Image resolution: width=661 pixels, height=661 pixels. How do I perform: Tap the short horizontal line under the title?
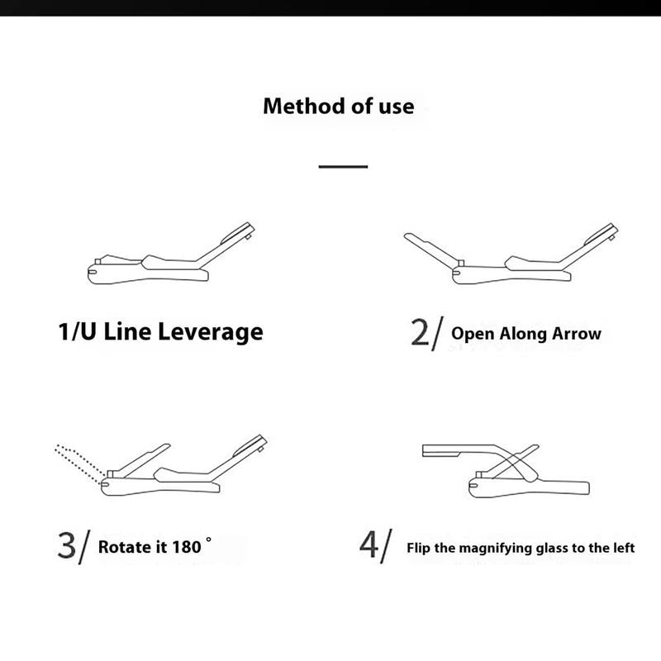[x=343, y=167]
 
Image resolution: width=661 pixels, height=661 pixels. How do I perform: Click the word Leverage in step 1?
[x=211, y=333]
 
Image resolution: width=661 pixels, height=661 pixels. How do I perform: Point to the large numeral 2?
[x=420, y=333]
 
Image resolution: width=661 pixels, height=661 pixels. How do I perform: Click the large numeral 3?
[x=67, y=545]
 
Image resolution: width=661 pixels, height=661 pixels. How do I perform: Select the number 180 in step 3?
[x=187, y=547]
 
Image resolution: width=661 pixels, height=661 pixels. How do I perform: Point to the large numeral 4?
[x=369, y=544]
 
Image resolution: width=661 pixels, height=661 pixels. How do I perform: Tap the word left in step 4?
[x=625, y=548]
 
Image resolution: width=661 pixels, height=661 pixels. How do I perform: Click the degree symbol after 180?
[x=208, y=540]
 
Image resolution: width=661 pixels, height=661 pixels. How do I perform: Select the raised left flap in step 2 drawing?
[x=430, y=249]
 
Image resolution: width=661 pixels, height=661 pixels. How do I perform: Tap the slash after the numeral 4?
[x=386, y=546]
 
